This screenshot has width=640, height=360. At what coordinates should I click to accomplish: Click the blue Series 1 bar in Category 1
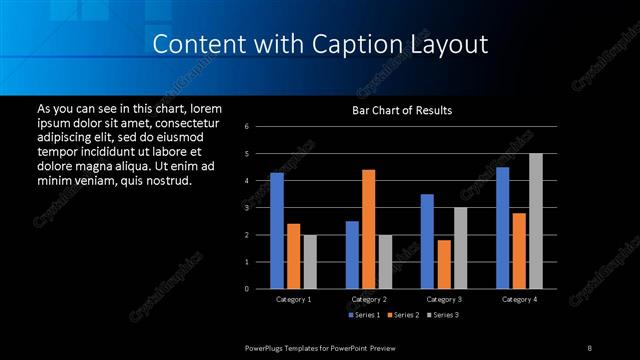(277, 231)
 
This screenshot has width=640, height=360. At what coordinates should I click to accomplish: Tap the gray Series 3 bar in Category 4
(536, 221)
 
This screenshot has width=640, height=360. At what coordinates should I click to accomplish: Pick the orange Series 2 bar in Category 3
(444, 264)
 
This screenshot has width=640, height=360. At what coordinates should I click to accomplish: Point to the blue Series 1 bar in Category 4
(502, 228)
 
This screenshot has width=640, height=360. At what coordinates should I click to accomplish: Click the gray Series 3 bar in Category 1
(310, 262)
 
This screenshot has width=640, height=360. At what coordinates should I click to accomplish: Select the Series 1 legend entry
(361, 316)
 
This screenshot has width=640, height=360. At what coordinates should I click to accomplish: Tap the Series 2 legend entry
(403, 316)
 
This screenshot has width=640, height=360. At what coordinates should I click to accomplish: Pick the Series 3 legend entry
(444, 316)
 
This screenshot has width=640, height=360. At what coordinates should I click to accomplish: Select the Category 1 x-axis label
(293, 299)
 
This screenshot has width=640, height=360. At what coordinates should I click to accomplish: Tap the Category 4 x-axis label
(518, 299)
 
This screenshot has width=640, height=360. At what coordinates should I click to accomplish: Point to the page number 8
(589, 347)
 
